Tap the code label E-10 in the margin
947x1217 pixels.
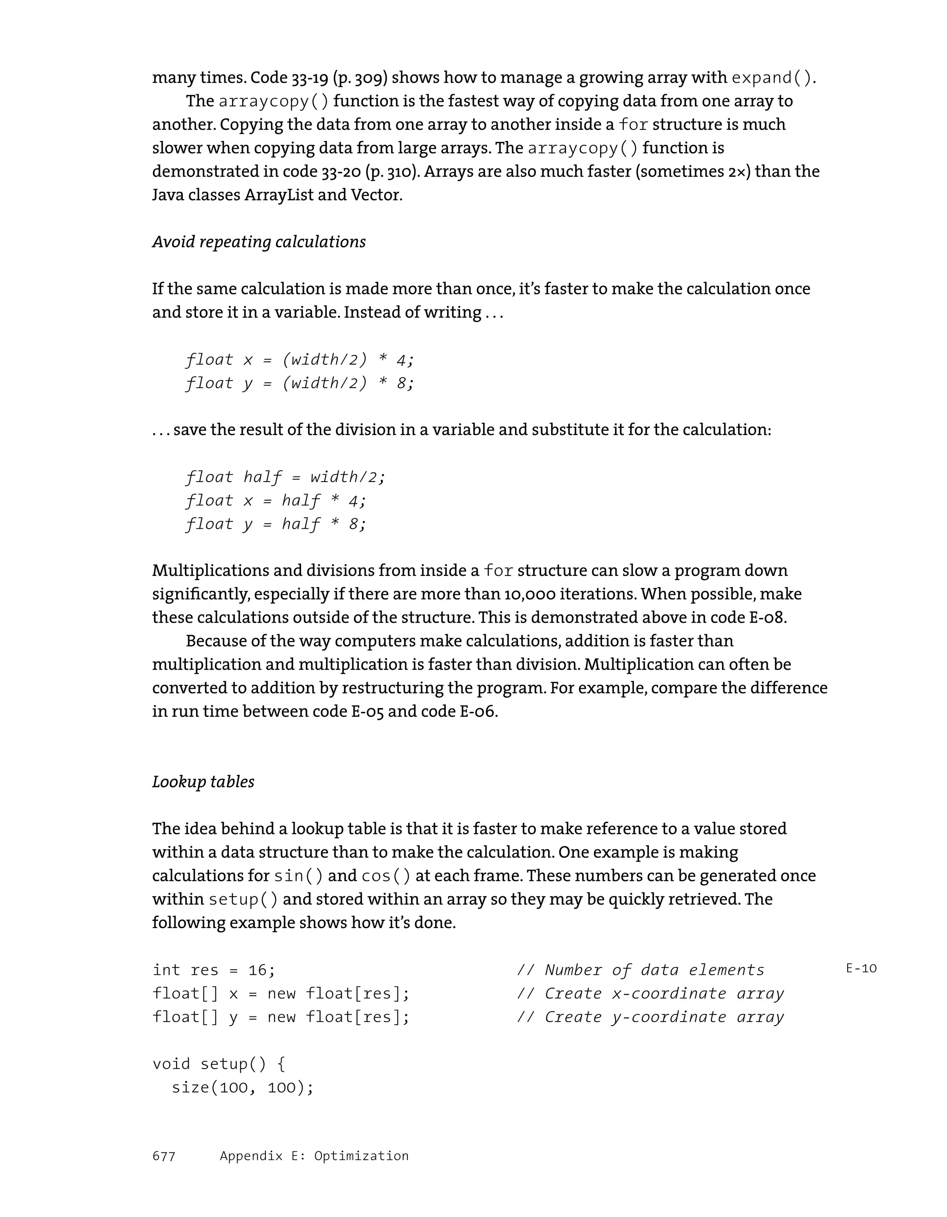point(861,968)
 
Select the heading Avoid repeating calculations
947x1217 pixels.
point(259,242)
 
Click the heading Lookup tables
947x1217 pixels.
point(203,782)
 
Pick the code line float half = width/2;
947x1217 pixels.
point(286,477)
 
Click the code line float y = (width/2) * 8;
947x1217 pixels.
point(301,383)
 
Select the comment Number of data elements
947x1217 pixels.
point(641,970)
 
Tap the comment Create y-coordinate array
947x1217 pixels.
point(651,1017)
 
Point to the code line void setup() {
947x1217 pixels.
point(219,1064)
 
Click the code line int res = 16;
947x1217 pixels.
point(214,970)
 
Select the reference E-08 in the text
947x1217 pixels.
point(762,618)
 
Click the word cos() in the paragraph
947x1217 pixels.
point(386,876)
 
